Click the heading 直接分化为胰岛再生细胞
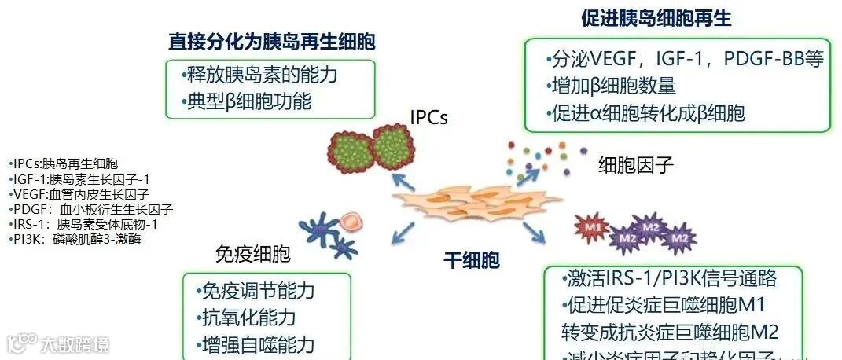[x=271, y=42]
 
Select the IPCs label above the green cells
[x=428, y=118]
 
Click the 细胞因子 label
[x=636, y=165]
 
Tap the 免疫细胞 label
[x=252, y=255]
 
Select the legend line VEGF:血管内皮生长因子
[x=79, y=194]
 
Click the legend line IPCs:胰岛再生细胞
[x=64, y=164]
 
